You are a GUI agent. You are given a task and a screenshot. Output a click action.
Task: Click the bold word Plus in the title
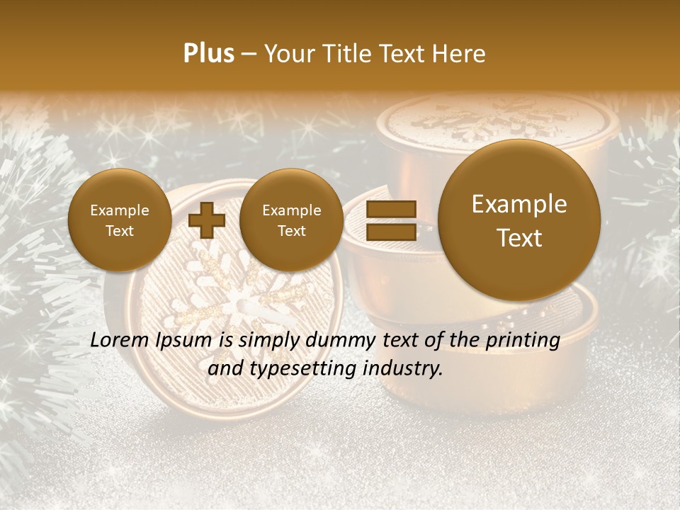(x=208, y=54)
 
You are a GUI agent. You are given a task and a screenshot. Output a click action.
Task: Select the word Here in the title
(x=459, y=54)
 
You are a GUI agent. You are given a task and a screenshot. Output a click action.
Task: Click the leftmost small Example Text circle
(x=120, y=220)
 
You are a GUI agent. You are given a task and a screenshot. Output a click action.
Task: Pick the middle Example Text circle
(x=291, y=220)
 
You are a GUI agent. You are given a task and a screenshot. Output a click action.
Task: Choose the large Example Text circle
(x=519, y=220)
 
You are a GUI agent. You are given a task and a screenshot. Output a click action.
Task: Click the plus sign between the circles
(x=207, y=220)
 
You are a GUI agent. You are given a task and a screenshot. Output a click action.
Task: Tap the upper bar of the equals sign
(x=390, y=209)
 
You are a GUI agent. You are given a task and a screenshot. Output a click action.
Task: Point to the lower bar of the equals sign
(x=390, y=232)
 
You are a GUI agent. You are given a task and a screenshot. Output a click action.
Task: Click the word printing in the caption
(x=523, y=340)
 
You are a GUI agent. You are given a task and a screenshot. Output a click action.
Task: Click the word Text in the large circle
(x=519, y=238)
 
